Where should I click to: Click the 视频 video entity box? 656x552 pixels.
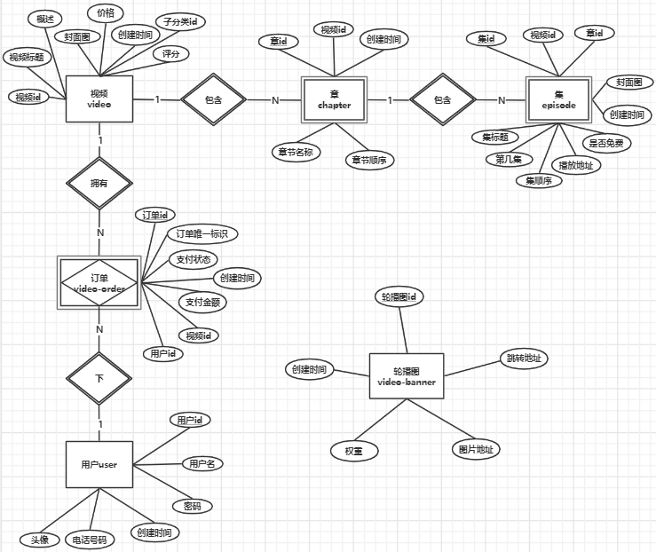(99, 99)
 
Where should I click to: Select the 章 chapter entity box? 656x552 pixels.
(335, 99)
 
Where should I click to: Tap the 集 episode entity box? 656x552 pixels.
(558, 99)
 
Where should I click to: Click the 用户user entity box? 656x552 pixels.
(99, 464)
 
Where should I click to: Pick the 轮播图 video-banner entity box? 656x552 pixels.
(407, 376)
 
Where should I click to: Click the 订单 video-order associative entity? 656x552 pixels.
(99, 283)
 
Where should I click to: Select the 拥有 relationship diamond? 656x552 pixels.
(99, 183)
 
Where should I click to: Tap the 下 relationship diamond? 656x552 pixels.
(99, 377)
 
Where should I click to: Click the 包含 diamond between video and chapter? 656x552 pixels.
(213, 99)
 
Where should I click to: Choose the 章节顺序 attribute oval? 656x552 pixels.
(370, 160)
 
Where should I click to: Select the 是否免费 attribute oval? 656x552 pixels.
(606, 142)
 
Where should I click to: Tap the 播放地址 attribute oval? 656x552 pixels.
(575, 165)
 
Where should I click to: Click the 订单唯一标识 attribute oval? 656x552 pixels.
(202, 233)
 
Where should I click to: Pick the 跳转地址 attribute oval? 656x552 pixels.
(523, 359)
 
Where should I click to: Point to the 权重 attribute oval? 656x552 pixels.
(354, 451)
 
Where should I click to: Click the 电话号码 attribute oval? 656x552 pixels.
(91, 540)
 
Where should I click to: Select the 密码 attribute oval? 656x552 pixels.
(192, 506)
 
